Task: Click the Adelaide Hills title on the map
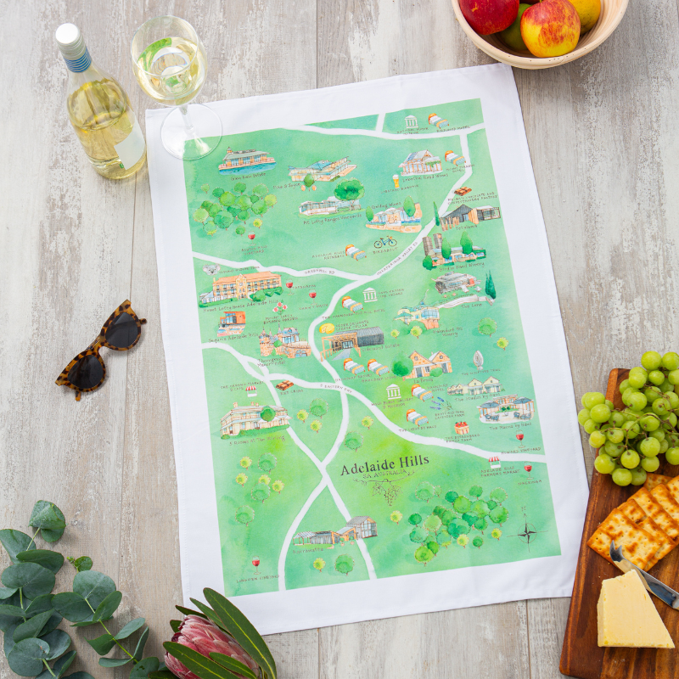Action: [384, 468]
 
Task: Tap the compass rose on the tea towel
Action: [527, 532]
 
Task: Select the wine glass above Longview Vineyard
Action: [256, 562]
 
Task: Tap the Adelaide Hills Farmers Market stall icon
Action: [494, 462]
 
